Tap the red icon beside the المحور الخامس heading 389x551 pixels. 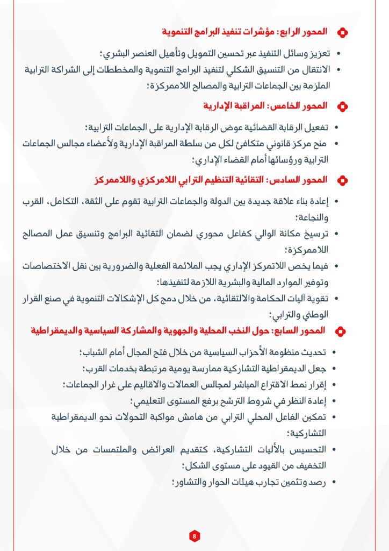(x=342, y=105)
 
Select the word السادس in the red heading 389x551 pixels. (x=294, y=179)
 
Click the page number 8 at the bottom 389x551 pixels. (x=194, y=535)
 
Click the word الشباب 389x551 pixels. (x=99, y=352)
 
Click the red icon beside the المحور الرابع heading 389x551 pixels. (x=342, y=32)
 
